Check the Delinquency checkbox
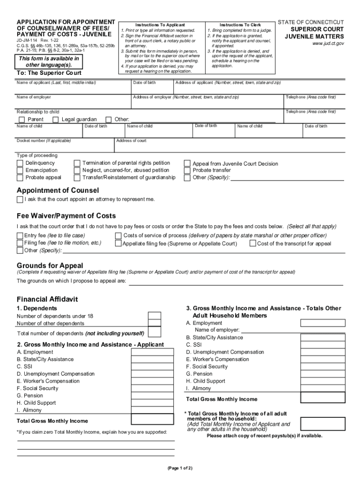tap(20, 163)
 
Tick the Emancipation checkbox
tap(20, 170)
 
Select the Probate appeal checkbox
tap(20, 178)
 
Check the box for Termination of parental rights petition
tap(77, 163)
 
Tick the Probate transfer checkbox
tap(187, 171)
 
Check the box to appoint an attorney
tap(20, 200)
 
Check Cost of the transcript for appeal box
tap(253, 243)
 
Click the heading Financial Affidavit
tap(47, 299)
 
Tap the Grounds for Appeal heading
tap(50, 266)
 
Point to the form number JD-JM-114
tap(27, 41)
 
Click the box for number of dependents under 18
tap(154, 316)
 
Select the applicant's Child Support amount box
tap(152, 403)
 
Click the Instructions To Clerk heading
tap(240, 25)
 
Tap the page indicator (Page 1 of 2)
tap(180, 468)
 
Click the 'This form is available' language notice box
tap(49, 62)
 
